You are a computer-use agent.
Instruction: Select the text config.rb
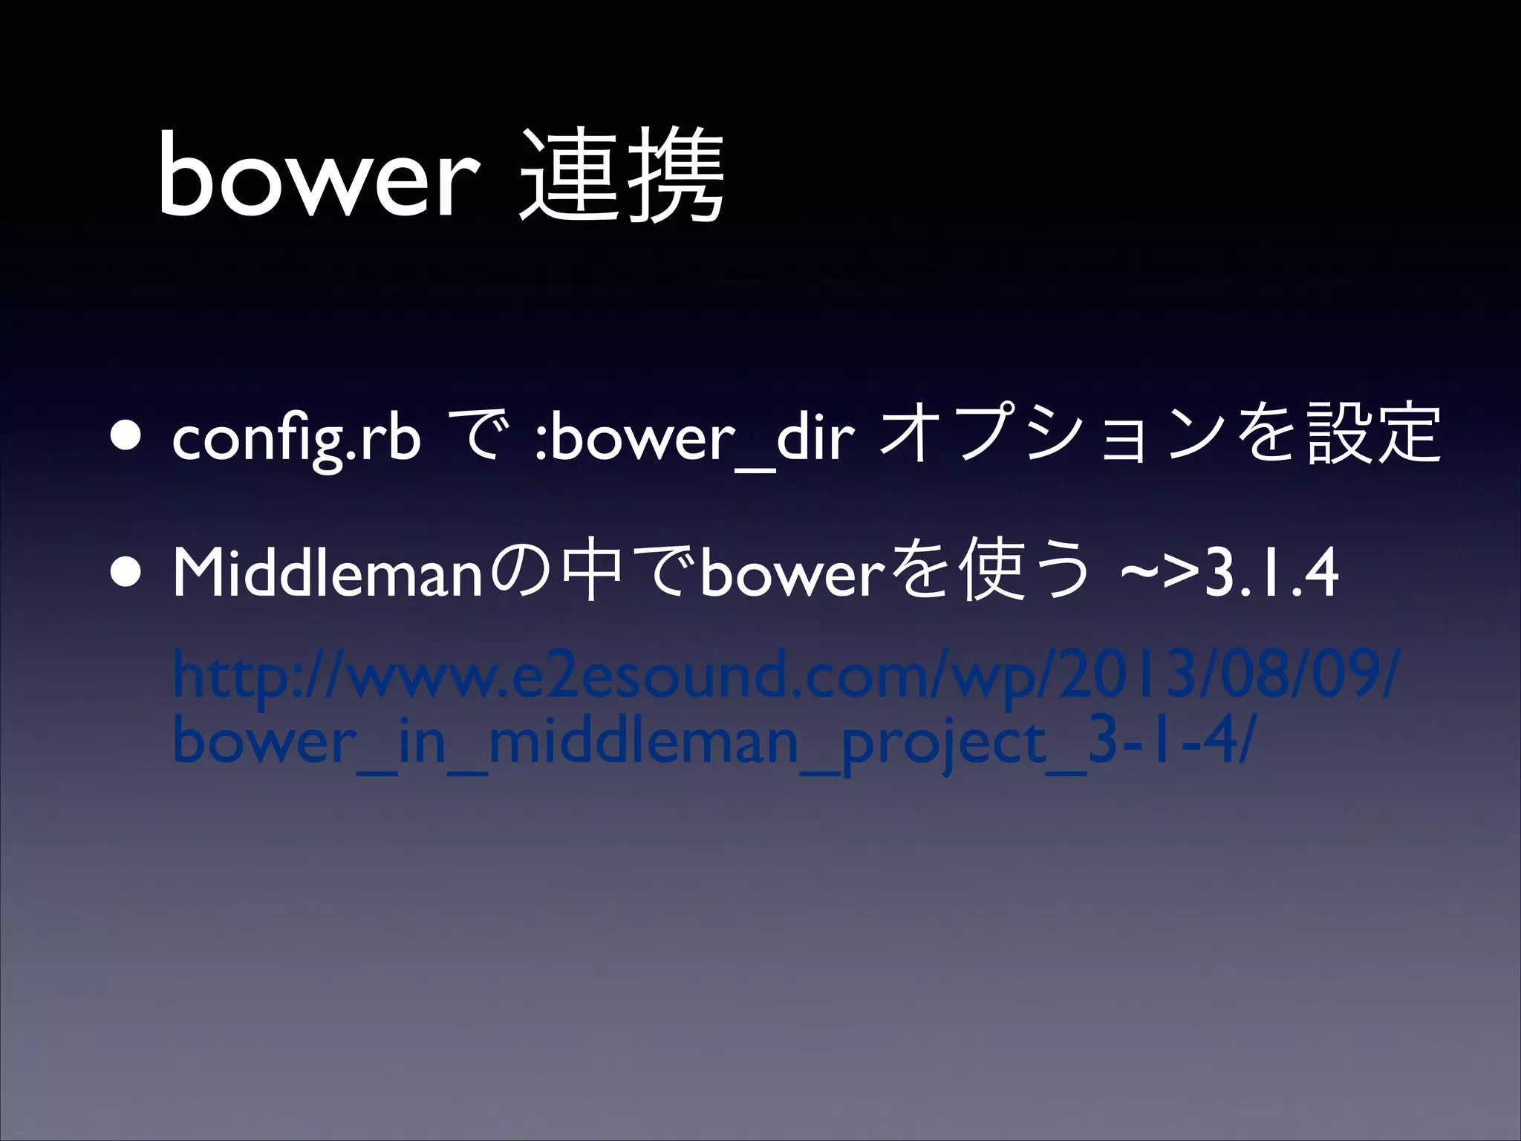coord(295,440)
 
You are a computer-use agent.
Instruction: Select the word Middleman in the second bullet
coord(327,576)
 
